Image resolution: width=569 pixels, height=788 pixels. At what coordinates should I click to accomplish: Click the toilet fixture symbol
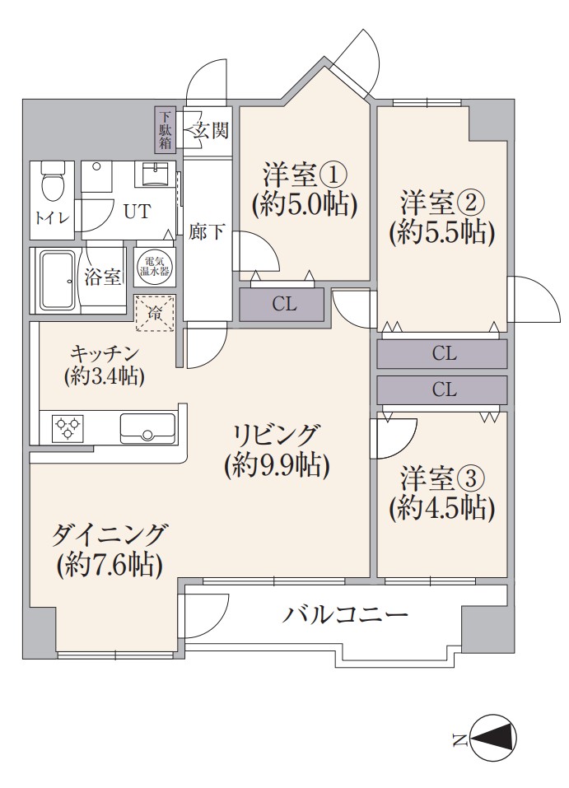pyautogui.click(x=52, y=181)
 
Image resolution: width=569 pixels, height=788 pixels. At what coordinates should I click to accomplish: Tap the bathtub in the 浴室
pyautogui.click(x=58, y=279)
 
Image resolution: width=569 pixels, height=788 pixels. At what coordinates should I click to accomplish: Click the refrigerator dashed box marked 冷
pyautogui.click(x=154, y=314)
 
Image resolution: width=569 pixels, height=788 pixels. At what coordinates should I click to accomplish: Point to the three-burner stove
pyautogui.click(x=69, y=427)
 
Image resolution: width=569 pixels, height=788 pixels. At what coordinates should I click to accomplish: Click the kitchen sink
pyautogui.click(x=147, y=427)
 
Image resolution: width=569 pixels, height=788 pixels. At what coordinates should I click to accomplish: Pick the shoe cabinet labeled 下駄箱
pyautogui.click(x=166, y=129)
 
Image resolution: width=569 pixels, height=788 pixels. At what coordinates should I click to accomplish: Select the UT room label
pyautogui.click(x=137, y=211)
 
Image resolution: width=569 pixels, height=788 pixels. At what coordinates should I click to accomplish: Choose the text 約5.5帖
pyautogui.click(x=442, y=232)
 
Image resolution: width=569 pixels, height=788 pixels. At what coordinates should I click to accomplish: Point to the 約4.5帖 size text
pyautogui.click(x=442, y=508)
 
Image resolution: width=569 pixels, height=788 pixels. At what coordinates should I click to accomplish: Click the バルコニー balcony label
pyautogui.click(x=345, y=614)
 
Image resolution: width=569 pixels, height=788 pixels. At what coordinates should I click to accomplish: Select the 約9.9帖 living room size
pyautogui.click(x=277, y=465)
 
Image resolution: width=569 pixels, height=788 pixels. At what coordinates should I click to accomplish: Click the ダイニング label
pyautogui.click(x=109, y=534)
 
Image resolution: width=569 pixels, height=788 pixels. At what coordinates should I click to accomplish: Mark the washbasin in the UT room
pyautogui.click(x=156, y=174)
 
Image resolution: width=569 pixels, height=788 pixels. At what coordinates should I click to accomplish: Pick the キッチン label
pyautogui.click(x=105, y=354)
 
